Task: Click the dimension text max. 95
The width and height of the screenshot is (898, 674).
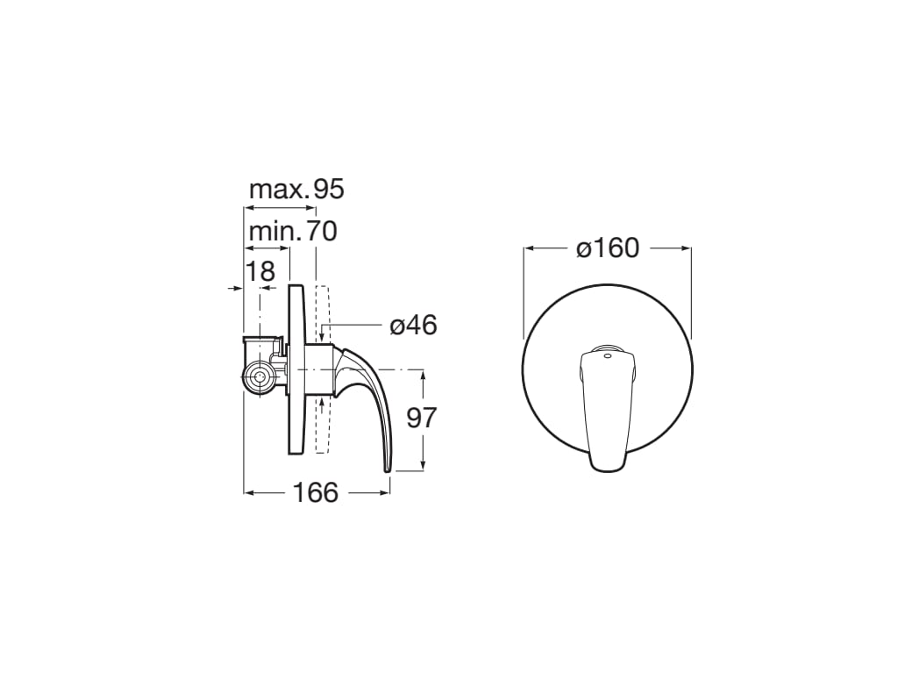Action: pos(296,189)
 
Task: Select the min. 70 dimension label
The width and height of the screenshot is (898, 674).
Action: pos(292,232)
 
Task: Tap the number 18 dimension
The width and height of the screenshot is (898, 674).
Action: pos(260,271)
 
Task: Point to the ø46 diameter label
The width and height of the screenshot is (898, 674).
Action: pos(413,326)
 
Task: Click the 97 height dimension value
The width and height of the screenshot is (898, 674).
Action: pos(422,418)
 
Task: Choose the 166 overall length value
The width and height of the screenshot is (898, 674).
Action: pos(315,493)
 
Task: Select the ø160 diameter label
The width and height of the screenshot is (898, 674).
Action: pos(608,249)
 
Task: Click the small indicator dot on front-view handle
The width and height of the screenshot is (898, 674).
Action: pos(608,355)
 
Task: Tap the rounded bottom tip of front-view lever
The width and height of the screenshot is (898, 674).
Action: pos(607,467)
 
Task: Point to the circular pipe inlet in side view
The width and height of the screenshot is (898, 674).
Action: pos(259,379)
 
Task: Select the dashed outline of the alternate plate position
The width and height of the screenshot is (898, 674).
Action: pos(322,369)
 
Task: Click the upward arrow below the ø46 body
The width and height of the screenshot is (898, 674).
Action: pos(323,402)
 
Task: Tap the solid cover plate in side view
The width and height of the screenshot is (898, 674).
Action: pos(296,369)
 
